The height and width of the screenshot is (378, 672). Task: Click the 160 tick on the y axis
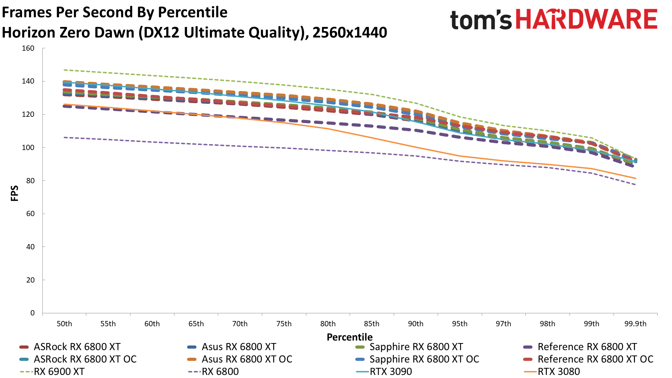(28, 48)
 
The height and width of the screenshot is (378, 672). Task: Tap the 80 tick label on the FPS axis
(30, 181)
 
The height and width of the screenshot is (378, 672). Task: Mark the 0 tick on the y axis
(33, 313)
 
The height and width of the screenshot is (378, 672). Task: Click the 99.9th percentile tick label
(635, 324)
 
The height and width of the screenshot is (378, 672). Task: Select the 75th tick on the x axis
(284, 324)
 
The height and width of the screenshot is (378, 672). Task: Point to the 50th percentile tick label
(64, 324)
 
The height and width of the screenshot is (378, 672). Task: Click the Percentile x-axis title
(350, 337)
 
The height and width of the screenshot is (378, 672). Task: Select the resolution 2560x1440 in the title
(350, 33)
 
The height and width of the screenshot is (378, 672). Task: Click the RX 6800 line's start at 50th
(65, 137)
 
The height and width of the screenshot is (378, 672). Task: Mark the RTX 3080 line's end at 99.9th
(635, 178)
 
